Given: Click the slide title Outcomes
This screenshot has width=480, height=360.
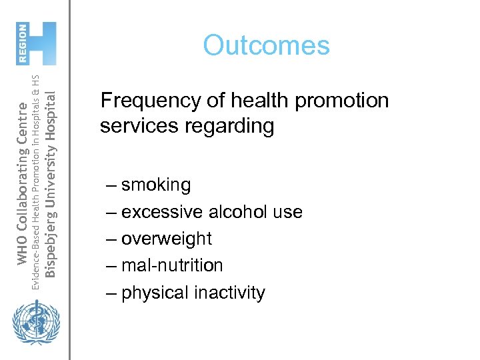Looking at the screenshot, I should (266, 45).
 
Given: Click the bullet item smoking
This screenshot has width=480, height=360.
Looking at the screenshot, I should (156, 185).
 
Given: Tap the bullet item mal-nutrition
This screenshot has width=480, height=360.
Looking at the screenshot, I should (172, 265).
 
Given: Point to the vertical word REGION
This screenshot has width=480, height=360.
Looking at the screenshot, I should (23, 43).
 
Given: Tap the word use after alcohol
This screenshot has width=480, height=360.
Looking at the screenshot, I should (288, 212).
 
